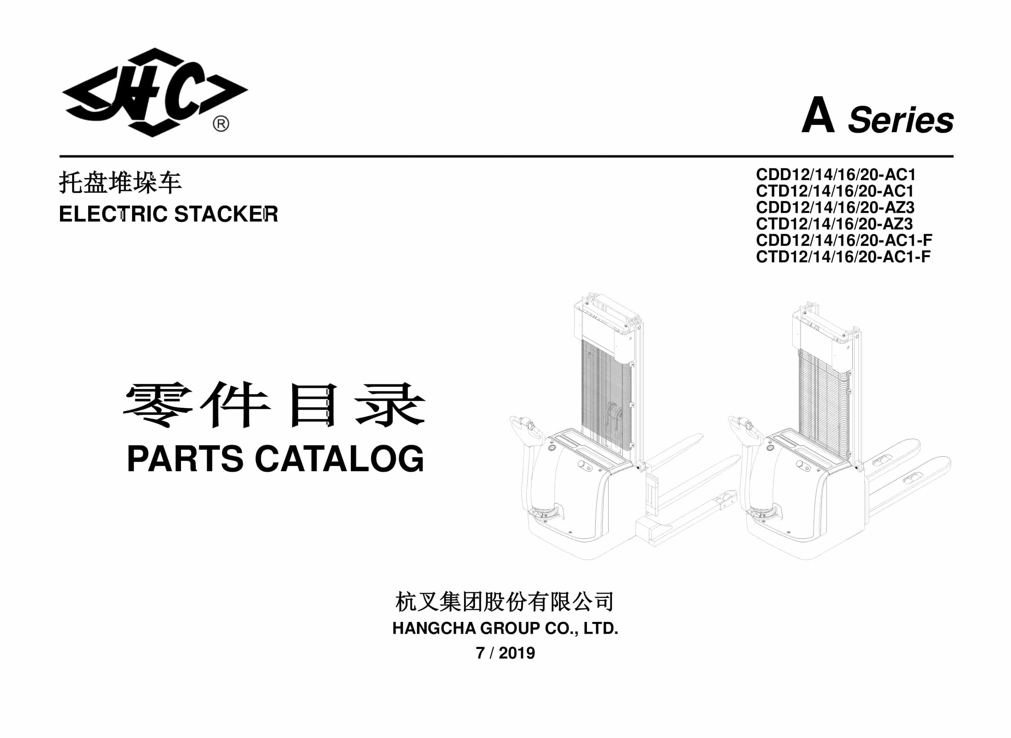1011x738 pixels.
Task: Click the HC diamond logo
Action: coord(155,92)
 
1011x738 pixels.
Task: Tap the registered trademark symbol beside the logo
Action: coord(220,124)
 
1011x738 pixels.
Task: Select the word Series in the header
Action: coord(901,120)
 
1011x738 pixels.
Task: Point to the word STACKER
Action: coord(226,214)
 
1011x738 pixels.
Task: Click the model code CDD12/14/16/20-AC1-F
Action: coord(844,240)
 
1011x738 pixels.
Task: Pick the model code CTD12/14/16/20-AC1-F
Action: coord(843,257)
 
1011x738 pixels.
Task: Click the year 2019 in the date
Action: coord(517,653)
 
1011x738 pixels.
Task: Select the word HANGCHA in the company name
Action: coord(434,628)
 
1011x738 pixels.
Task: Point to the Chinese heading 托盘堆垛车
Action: coord(120,183)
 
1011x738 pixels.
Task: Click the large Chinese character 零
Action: coord(158,405)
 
